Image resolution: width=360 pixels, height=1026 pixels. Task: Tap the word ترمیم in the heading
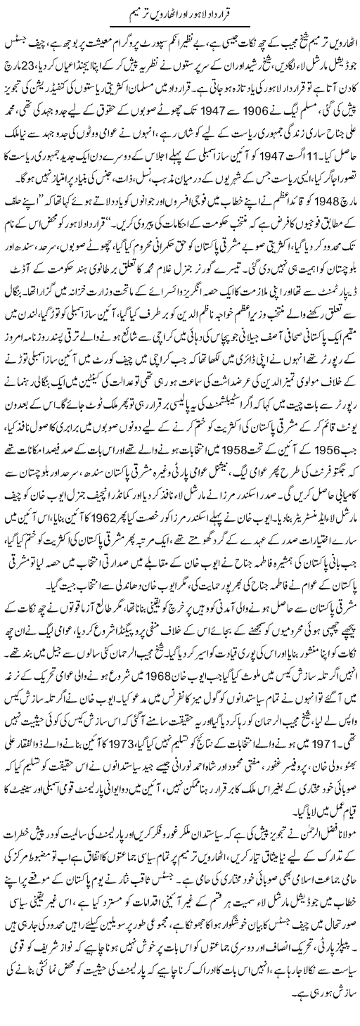coord(125,13)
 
